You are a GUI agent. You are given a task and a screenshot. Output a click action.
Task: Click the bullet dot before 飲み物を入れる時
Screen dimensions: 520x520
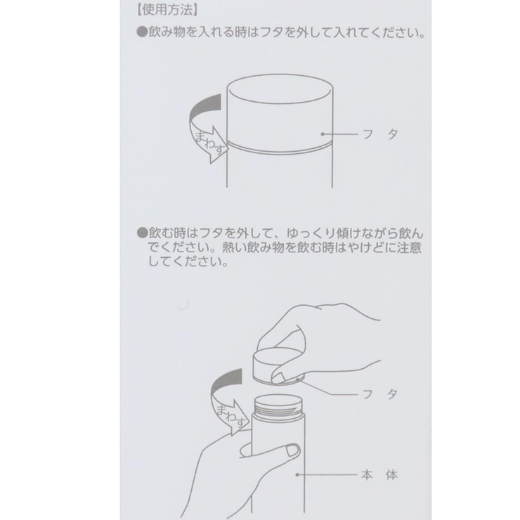point(141,33)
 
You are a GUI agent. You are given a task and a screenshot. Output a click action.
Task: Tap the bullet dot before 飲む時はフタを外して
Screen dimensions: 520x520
point(141,232)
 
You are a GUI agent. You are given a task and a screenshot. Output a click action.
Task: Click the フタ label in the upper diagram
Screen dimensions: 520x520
point(386,134)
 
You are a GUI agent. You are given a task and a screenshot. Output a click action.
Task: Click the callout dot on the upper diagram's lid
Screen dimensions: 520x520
point(322,134)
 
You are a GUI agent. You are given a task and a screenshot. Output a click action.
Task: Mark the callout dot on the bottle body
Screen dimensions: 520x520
point(298,475)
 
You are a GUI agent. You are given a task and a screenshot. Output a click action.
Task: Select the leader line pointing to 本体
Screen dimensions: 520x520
point(330,475)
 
